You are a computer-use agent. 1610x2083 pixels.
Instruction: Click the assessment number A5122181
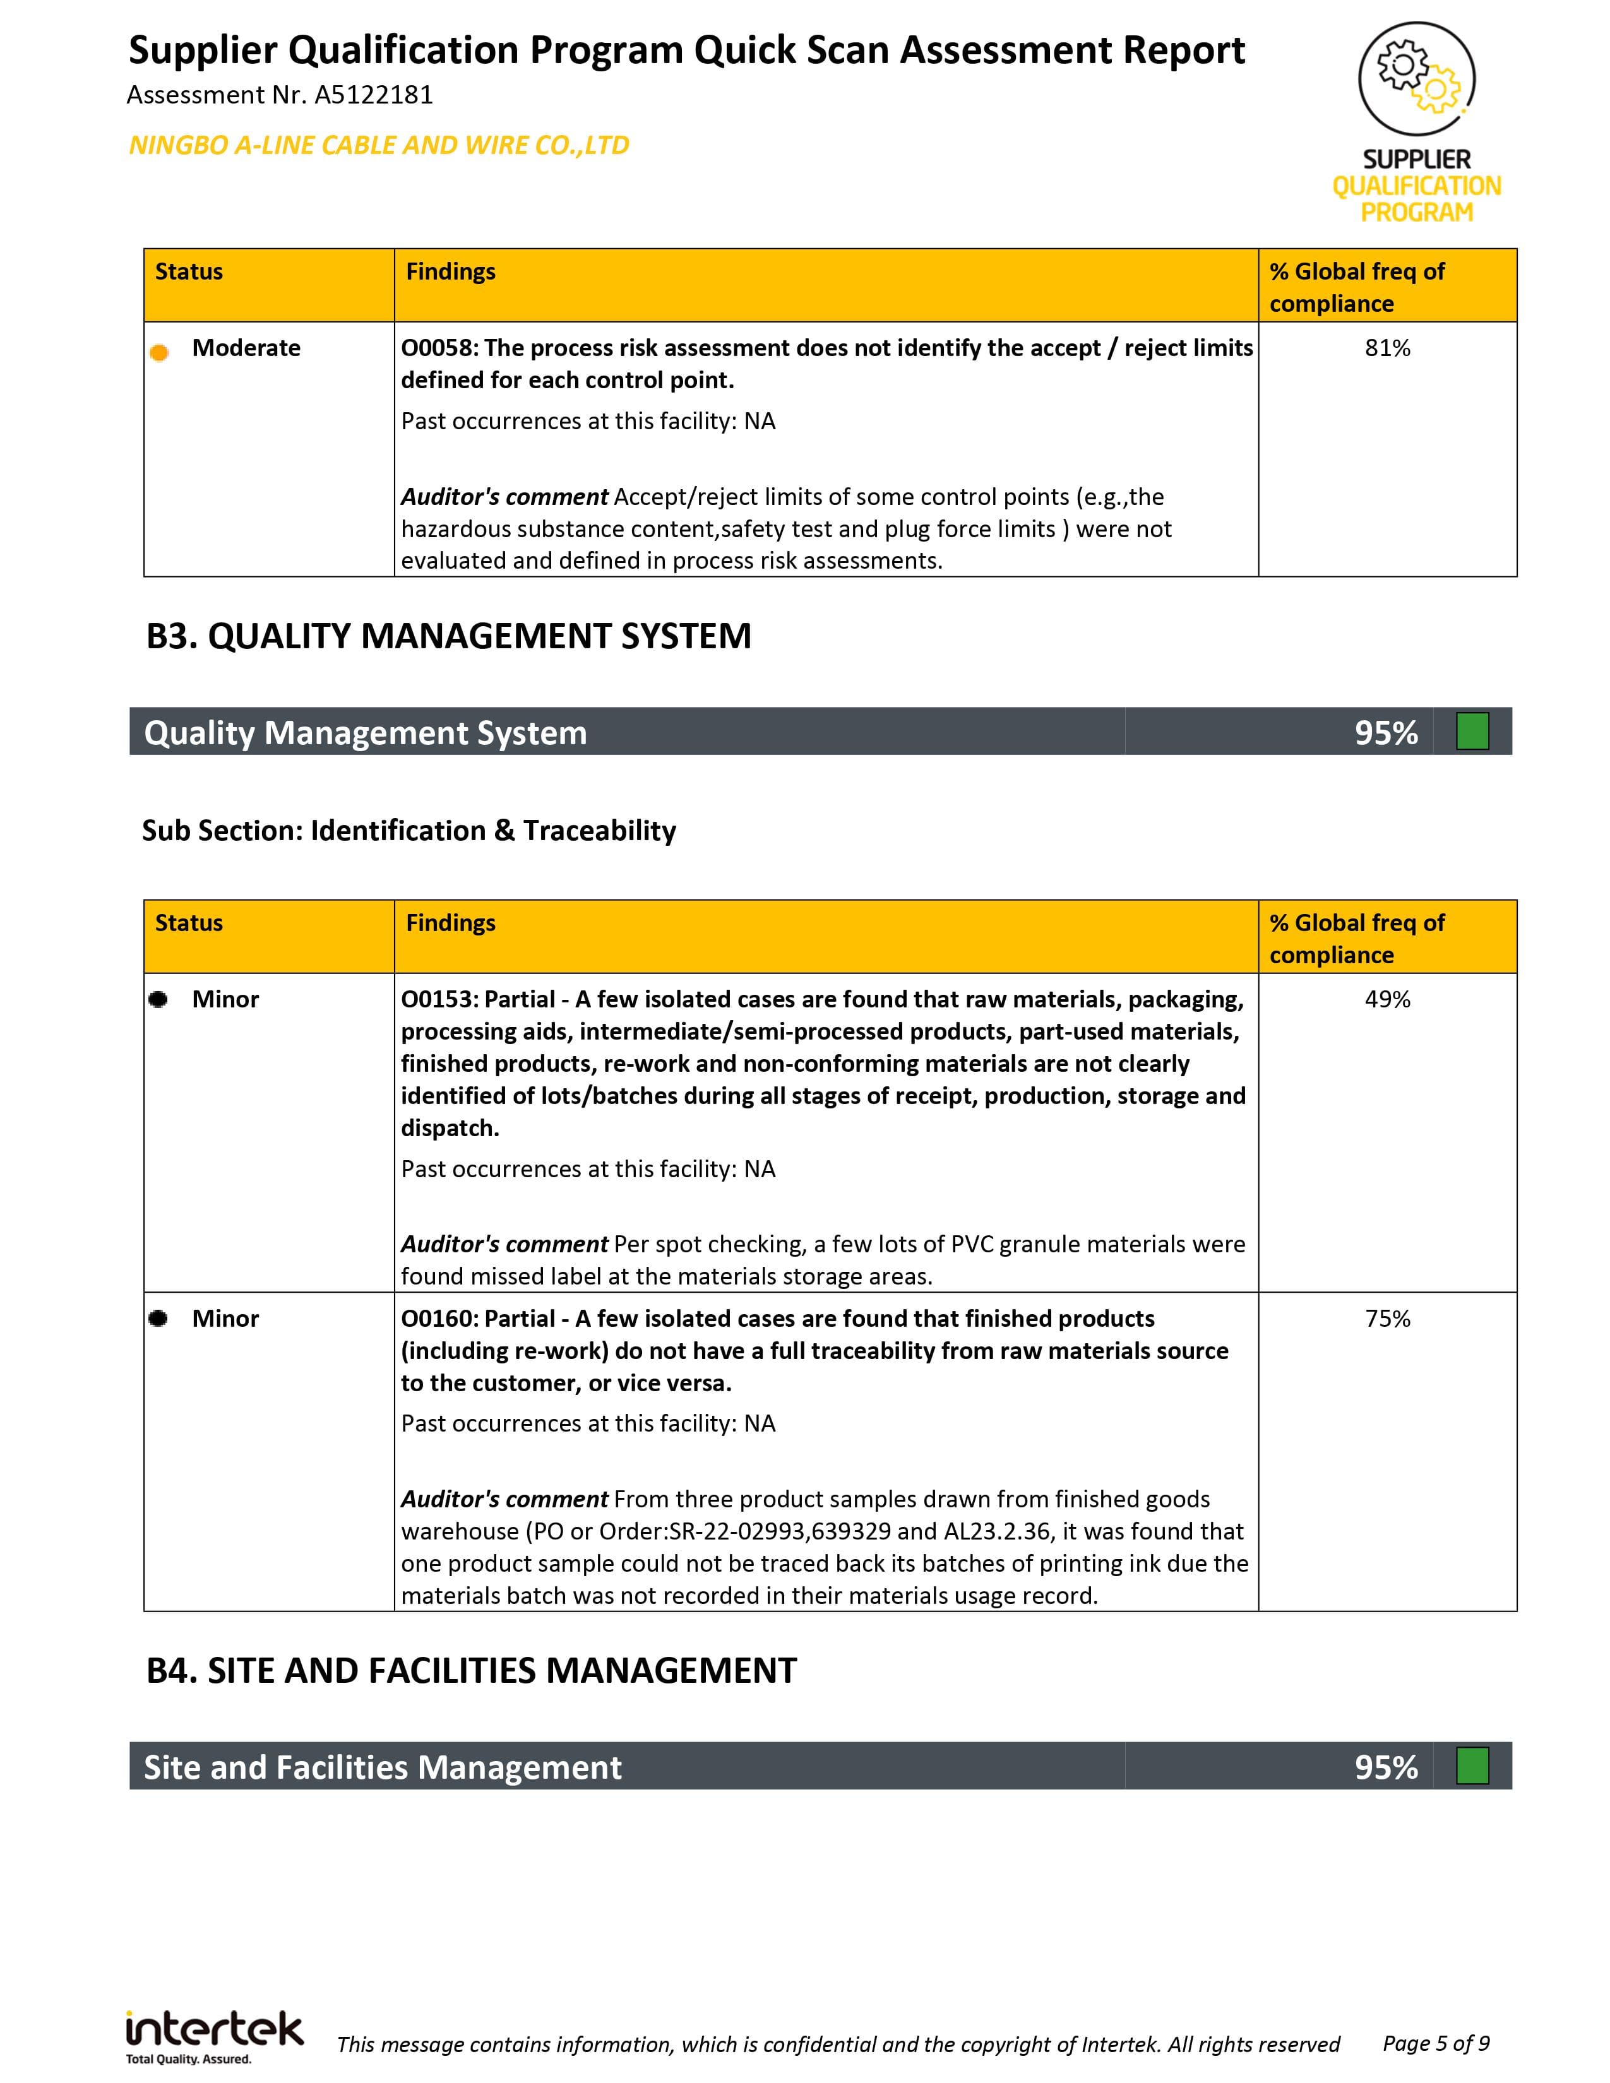coord(373,95)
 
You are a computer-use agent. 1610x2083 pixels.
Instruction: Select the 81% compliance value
coord(1387,348)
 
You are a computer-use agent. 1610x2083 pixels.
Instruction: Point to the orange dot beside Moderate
coord(159,353)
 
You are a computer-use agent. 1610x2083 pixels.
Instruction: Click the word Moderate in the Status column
coord(246,348)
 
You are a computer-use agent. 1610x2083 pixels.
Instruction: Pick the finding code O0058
coord(439,348)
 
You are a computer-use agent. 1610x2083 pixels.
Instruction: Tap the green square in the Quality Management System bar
coord(1472,732)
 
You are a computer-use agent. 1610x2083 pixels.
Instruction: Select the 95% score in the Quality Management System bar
coord(1386,732)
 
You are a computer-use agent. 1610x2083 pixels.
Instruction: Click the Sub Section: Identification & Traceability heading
coord(409,831)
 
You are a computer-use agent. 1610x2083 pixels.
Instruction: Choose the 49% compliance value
coord(1387,1000)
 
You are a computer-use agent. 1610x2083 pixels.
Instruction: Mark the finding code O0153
coord(439,1000)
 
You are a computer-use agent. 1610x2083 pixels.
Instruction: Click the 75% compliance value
coord(1387,1319)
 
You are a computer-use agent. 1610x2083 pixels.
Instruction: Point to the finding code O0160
coord(439,1319)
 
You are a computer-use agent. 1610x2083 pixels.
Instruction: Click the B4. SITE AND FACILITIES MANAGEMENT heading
coord(471,1671)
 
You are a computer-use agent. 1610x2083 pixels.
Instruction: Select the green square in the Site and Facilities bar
coord(1472,1766)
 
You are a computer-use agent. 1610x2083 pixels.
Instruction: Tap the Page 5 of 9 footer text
coord(1436,2043)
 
